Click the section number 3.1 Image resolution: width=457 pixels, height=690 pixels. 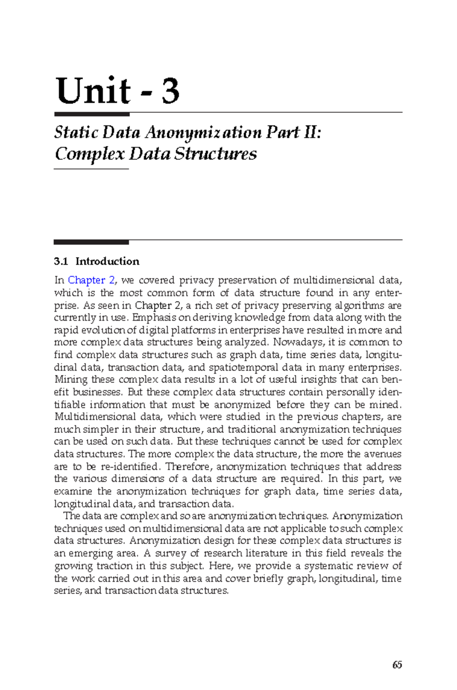click(61, 261)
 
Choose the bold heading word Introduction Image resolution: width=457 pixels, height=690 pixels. click(107, 261)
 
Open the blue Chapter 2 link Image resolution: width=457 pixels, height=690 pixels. click(91, 280)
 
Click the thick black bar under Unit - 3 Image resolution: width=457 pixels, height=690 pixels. click(92, 114)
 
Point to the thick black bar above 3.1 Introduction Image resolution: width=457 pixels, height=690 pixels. click(91, 242)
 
